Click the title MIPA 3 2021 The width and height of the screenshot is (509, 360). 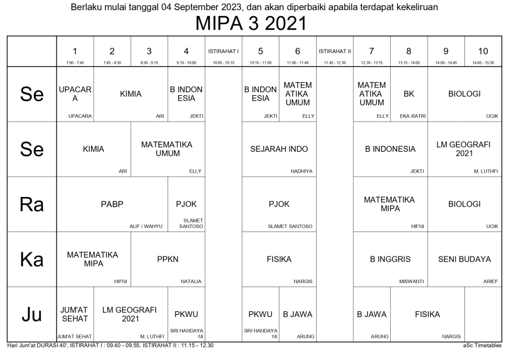coord(254,24)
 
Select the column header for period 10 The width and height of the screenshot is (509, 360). coord(482,51)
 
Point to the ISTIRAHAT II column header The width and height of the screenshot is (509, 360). coord(334,51)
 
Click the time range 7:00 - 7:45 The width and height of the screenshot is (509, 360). coord(75,63)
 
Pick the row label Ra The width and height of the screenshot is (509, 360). coord(32,204)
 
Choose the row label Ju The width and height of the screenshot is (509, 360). coord(32,315)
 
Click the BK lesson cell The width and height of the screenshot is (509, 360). coord(408,94)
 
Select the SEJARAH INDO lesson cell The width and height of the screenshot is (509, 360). coord(279,149)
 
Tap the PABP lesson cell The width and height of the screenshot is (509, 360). coord(112,204)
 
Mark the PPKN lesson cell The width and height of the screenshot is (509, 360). coord(167,259)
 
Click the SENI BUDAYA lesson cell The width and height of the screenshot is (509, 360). coord(464,259)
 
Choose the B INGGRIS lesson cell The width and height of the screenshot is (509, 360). coord(390,259)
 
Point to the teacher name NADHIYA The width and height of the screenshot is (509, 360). coord(301,171)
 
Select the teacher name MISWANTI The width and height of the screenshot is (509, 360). coord(411,281)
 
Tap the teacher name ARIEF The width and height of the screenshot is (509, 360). coord(490,281)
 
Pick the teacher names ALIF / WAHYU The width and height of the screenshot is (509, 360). coord(145,226)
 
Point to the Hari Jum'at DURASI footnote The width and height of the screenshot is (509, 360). coord(107,345)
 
